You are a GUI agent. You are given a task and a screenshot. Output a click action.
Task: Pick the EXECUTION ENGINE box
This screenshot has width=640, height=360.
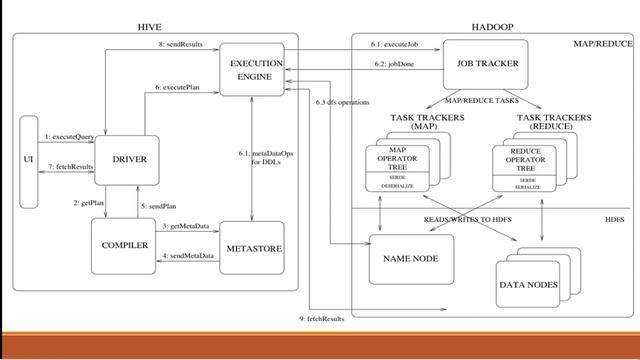tap(256, 69)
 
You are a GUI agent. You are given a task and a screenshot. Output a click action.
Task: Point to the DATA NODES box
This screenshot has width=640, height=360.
tap(535, 284)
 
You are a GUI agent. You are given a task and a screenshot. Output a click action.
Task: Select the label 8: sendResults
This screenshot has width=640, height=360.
tap(181, 45)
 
